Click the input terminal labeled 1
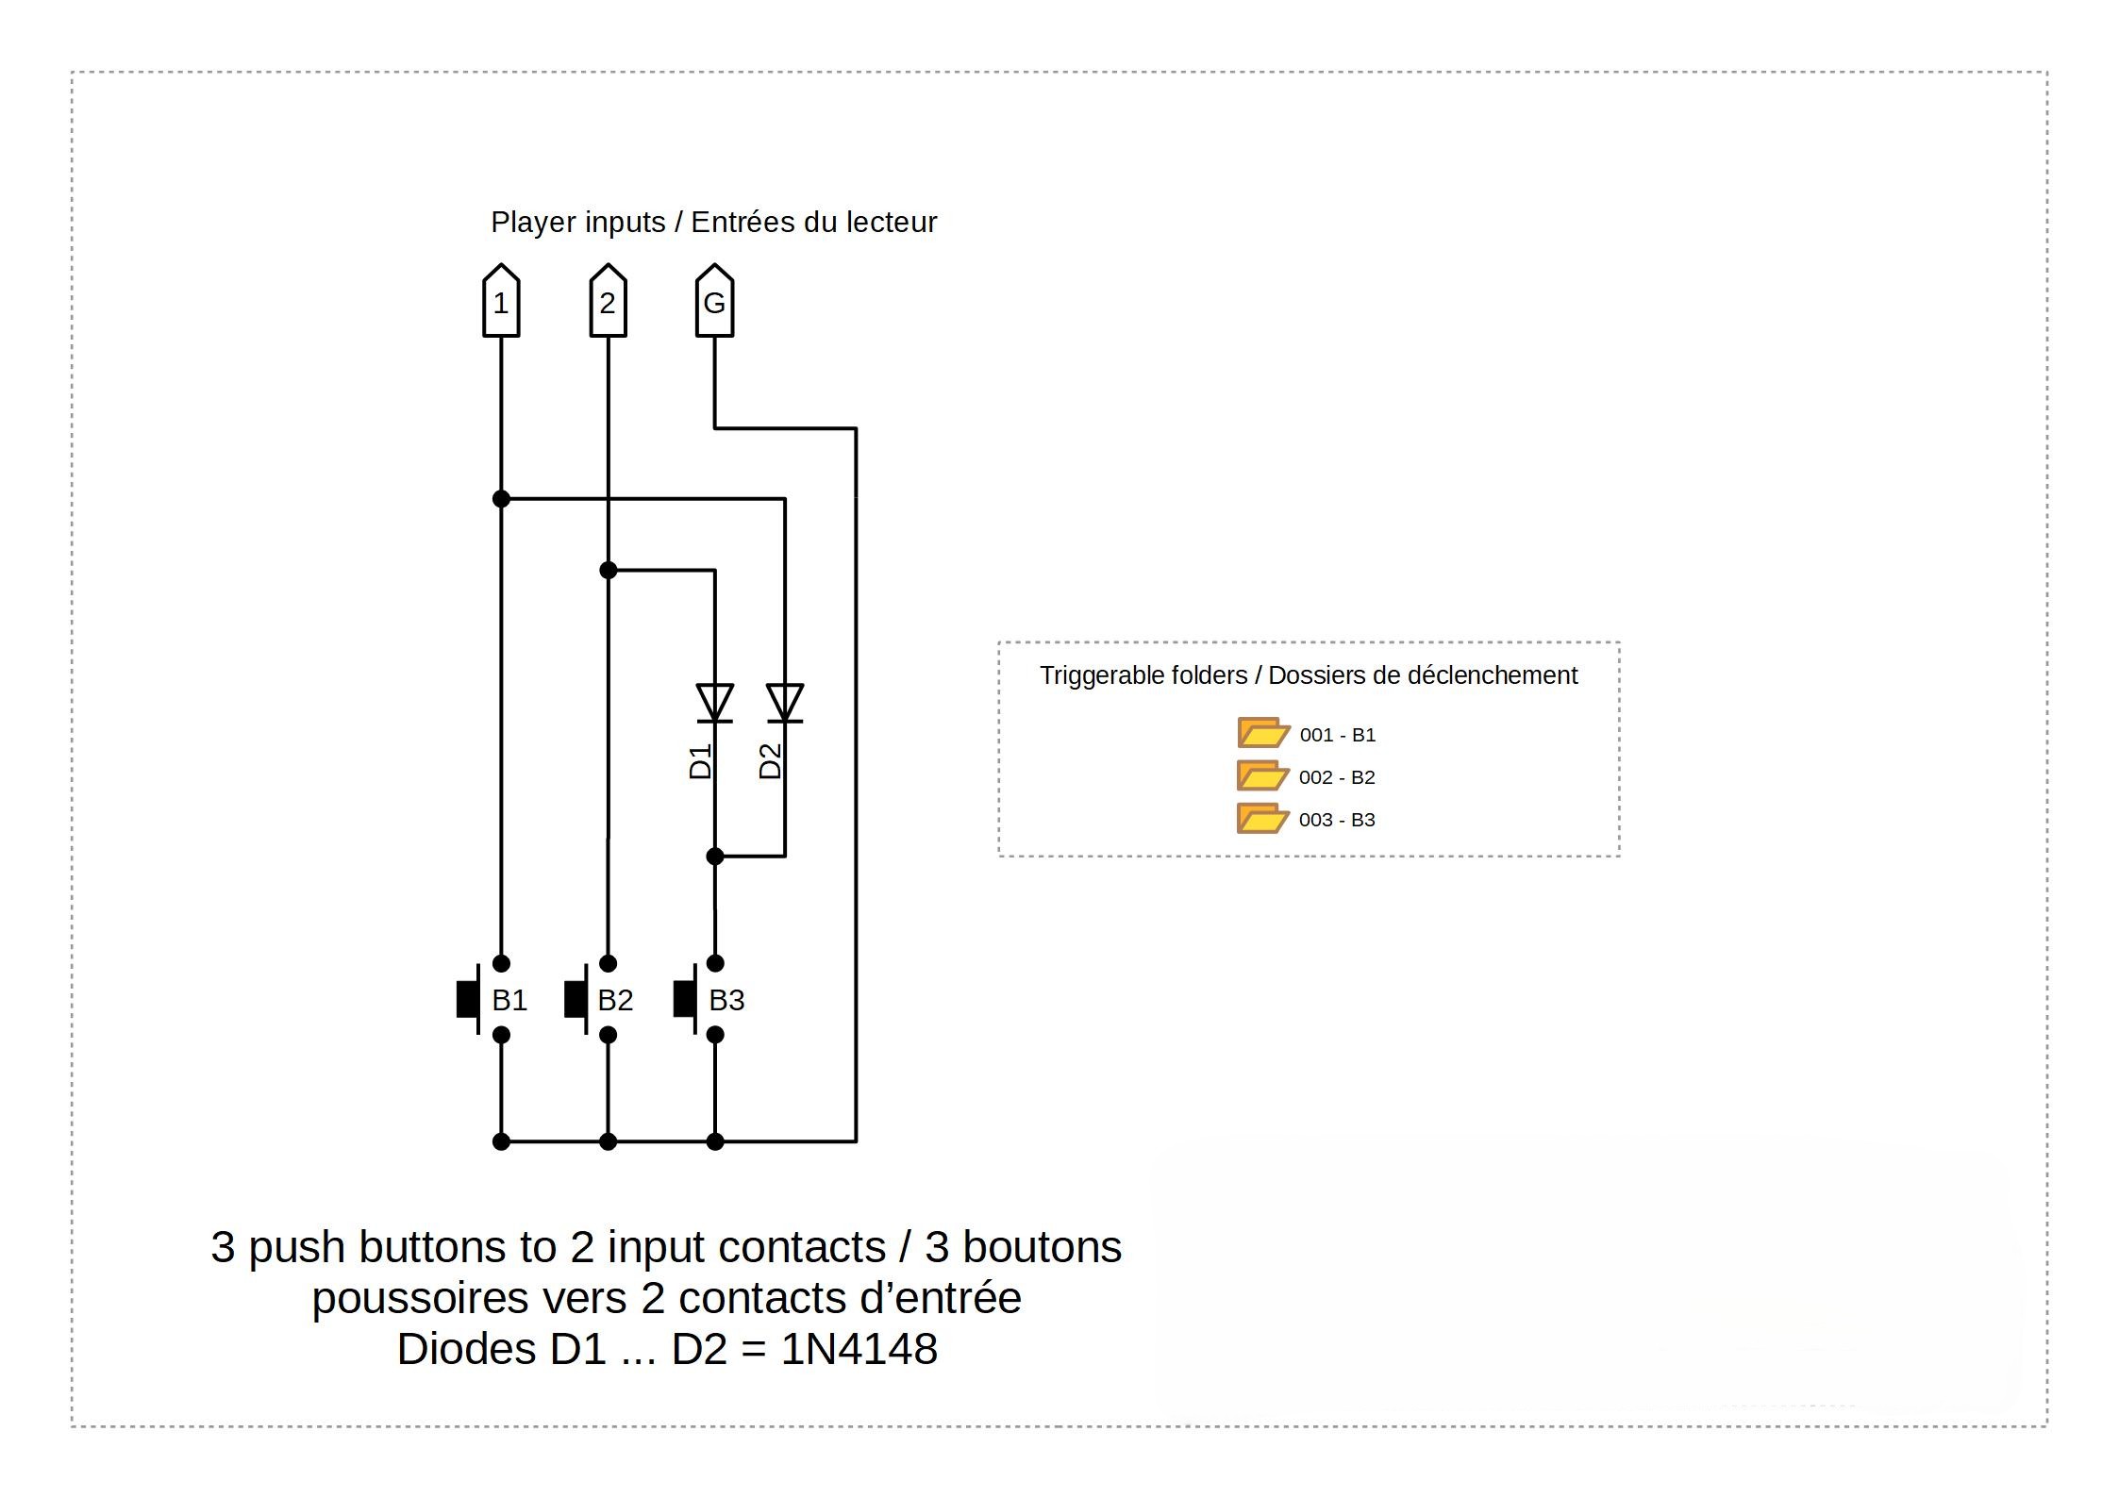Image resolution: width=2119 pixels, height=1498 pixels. click(501, 302)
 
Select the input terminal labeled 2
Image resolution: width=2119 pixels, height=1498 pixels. click(608, 302)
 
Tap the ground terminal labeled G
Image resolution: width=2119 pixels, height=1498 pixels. click(714, 302)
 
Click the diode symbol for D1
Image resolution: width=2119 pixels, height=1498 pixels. click(714, 703)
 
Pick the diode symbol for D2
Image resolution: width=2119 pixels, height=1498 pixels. click(785, 703)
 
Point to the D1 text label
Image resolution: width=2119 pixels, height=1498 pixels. click(700, 761)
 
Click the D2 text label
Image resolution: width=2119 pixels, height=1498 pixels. click(771, 761)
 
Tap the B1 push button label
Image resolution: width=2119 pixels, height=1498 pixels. click(509, 1000)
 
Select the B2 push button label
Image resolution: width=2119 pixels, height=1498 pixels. click(615, 1000)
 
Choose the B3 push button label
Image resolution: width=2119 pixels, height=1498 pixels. click(726, 1000)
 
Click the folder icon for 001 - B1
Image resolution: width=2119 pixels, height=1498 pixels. click(1262, 733)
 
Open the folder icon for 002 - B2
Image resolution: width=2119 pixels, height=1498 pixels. click(1261, 775)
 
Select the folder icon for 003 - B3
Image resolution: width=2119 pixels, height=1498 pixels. click(1261, 818)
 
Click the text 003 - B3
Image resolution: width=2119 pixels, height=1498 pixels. click(1337, 820)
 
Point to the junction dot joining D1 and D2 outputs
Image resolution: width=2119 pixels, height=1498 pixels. click(715, 857)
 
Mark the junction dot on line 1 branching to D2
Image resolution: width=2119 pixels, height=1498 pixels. click(501, 498)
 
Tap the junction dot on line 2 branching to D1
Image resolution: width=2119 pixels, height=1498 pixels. click(609, 570)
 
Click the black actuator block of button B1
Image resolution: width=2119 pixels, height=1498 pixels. click(467, 1000)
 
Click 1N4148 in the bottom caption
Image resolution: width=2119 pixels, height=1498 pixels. click(859, 1349)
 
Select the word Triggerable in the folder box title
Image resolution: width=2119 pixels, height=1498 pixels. click(1094, 675)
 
